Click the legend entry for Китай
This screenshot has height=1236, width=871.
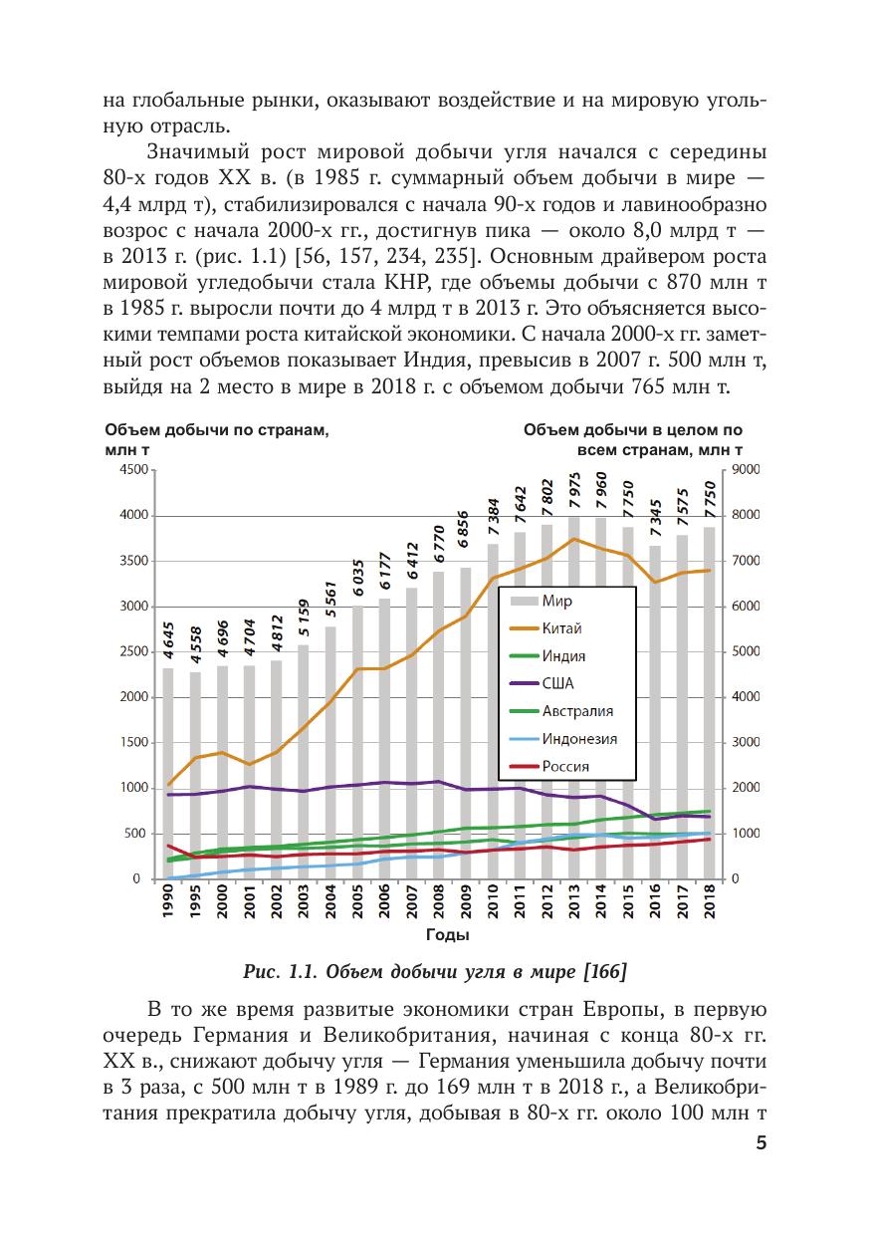(562, 628)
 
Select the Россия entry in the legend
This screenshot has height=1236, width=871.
(565, 766)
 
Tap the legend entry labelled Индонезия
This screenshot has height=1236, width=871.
(579, 738)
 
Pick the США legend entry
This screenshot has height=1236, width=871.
(558, 683)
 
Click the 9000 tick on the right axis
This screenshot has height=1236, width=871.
(746, 471)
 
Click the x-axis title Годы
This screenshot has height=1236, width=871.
(447, 935)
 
